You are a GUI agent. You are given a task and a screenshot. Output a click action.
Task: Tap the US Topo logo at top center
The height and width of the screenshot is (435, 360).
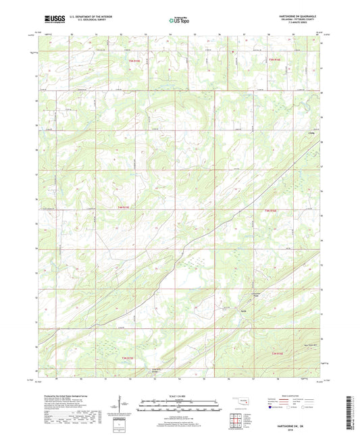pyautogui.click(x=178, y=21)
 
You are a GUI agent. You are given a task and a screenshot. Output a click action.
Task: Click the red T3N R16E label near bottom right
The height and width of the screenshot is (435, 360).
pyautogui.click(x=276, y=354)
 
